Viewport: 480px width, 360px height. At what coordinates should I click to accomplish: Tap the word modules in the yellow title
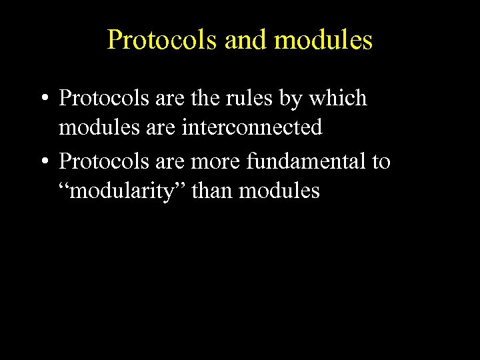pos(323,41)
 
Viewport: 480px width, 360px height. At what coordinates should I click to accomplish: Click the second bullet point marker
pos(43,162)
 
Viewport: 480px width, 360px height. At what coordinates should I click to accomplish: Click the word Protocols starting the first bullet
pos(99,99)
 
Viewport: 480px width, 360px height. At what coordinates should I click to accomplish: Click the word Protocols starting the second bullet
pos(99,161)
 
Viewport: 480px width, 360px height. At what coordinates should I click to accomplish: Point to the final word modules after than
pos(279,191)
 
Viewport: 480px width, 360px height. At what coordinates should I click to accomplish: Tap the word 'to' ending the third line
pos(381,161)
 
